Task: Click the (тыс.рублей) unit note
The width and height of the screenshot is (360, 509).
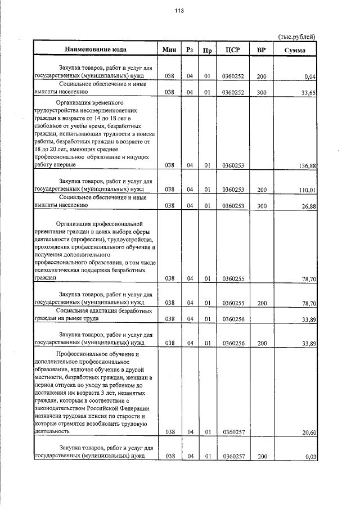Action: (296, 37)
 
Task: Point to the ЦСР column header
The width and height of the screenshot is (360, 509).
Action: (232, 50)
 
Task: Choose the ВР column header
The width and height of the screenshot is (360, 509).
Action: (261, 50)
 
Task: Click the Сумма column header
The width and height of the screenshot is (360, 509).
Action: (295, 51)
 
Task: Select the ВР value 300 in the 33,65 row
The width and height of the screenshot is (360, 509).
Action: (261, 92)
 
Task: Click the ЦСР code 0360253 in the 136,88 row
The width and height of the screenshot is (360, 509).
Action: (232, 165)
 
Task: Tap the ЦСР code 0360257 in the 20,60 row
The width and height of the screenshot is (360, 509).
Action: (232, 432)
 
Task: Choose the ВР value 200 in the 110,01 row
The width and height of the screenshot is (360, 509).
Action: (261, 190)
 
